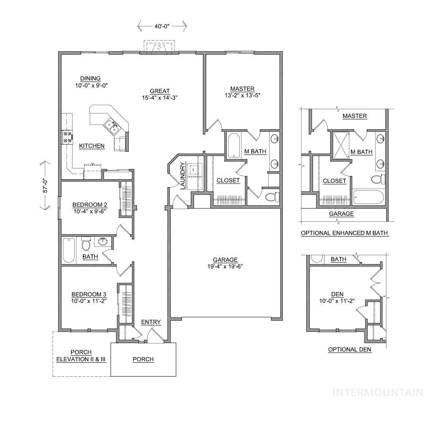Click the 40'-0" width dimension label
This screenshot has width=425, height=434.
pos(162,26)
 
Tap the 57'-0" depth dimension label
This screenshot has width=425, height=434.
pos(45,185)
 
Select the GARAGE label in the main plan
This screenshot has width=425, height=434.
pos(225,260)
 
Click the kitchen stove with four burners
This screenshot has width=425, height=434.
pos(67,137)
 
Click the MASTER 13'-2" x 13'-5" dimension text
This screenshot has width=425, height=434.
pos(242,95)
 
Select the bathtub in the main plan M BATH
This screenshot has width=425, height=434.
pos(234,145)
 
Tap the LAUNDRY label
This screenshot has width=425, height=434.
pos(182,176)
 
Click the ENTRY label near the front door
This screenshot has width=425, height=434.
pos(151,322)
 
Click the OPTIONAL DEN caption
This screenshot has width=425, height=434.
pos(349,349)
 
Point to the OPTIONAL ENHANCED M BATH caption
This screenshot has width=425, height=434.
pos(345,233)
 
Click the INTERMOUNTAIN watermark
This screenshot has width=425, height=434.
pos(378,392)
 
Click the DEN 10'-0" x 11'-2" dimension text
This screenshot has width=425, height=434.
pos(337,301)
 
